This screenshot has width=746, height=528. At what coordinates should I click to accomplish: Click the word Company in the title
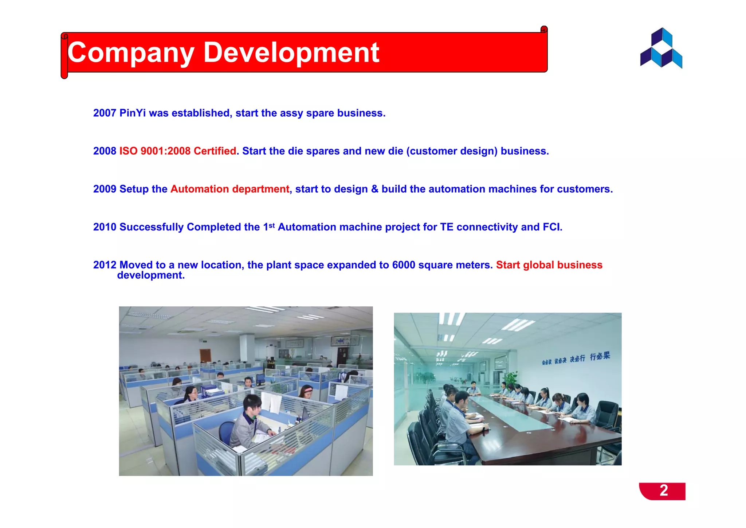(x=130, y=53)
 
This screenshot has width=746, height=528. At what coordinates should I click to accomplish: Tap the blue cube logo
(x=661, y=48)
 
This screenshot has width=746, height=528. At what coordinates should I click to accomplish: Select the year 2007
(x=105, y=113)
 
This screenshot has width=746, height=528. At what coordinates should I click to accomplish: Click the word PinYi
(x=133, y=113)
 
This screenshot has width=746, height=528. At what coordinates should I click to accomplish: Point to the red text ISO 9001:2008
(x=155, y=151)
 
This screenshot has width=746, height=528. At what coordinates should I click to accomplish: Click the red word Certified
(x=215, y=151)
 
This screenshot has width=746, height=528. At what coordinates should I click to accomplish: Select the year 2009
(x=105, y=189)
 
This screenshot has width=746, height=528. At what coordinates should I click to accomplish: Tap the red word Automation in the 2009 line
(x=200, y=189)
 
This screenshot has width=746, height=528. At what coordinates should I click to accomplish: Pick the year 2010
(x=105, y=227)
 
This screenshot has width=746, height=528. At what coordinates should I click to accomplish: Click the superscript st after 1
(x=272, y=225)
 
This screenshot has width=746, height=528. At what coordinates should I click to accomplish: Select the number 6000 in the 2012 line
(x=404, y=265)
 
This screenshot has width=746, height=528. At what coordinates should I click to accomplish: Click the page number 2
(x=664, y=490)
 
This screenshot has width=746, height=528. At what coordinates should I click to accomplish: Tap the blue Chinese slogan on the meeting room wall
(x=576, y=358)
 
